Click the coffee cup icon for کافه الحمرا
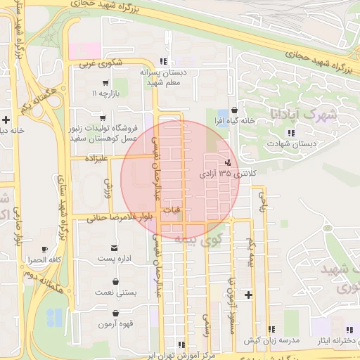(x=44, y=250)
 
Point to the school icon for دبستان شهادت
(x=290, y=132)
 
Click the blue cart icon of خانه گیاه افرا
(x=223, y=112)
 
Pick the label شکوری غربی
(x=101, y=64)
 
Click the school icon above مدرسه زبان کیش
(x=271, y=329)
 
